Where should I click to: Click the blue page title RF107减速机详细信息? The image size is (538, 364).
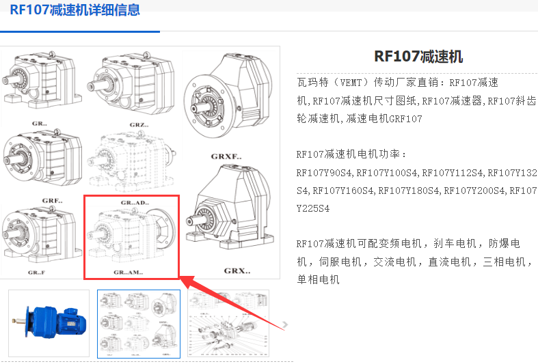coord(75,10)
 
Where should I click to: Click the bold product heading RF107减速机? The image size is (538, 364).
coord(418,57)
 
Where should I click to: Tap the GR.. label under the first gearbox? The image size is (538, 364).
coord(40,124)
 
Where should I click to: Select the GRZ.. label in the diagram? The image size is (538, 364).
coord(139,125)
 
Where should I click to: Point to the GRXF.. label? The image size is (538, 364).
coord(226,156)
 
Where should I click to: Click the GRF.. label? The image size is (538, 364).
coord(52,201)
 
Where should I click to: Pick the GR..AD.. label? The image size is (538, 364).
coord(135,203)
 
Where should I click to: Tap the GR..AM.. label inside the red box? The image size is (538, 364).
coord(129,272)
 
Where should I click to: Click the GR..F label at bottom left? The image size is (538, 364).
coord(36,272)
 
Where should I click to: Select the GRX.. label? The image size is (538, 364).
coord(237,270)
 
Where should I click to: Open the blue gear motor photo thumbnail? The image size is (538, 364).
coord(49,323)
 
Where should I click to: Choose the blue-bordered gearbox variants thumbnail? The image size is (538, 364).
coord(139,324)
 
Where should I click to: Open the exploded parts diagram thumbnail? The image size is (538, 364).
coord(228,324)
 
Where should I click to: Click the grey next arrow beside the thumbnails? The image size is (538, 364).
coord(285,324)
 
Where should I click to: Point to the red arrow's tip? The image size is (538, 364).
coord(181,277)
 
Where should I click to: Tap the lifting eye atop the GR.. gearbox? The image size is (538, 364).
coord(52,55)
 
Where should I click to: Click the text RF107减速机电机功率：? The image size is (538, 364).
coord(351,154)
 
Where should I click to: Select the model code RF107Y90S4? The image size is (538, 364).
coord(324,172)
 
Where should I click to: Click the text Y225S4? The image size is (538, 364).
coord(313,208)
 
